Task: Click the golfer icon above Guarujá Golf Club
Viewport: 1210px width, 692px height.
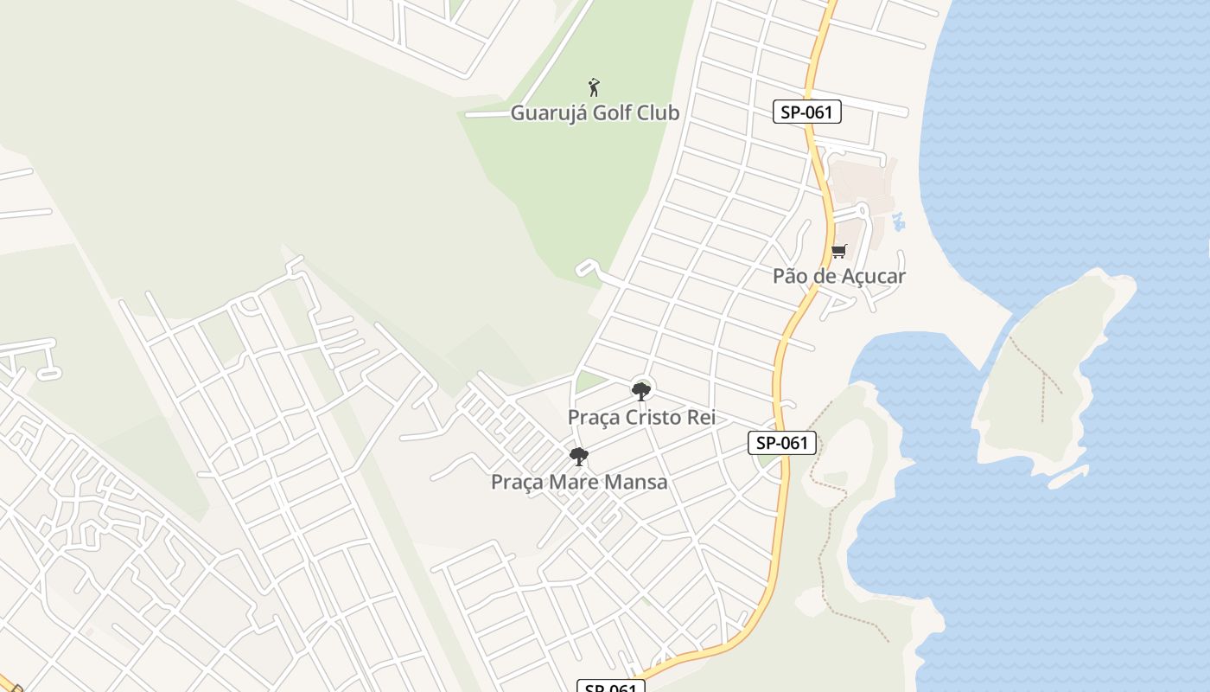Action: tap(594, 87)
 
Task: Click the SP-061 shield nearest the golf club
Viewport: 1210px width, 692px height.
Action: tap(807, 112)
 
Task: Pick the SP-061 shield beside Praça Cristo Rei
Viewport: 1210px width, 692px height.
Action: tap(782, 443)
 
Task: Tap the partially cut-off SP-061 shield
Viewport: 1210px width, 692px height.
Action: tap(611, 687)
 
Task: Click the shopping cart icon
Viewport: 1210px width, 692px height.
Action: tap(838, 252)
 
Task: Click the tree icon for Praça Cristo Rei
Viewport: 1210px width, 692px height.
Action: tap(640, 392)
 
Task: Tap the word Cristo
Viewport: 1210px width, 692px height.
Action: tap(658, 417)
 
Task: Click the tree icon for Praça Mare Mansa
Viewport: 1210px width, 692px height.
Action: tap(579, 457)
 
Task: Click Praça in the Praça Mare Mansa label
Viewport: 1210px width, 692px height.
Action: tap(517, 482)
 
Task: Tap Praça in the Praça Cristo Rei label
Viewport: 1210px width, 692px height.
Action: tap(594, 417)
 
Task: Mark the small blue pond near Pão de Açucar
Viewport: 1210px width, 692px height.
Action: tap(899, 221)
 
